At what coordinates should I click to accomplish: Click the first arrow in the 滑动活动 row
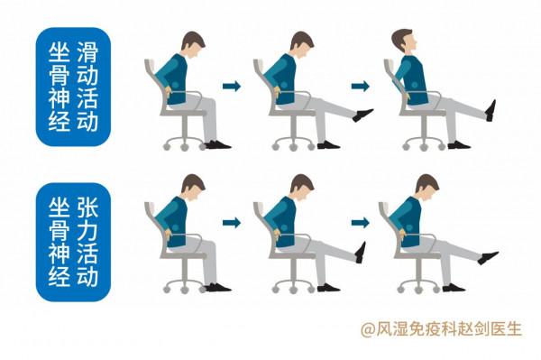pos(233,87)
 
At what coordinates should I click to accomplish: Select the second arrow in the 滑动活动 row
pos(360,87)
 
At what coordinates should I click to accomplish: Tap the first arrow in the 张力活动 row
pos(233,221)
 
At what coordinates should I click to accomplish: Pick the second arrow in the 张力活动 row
pos(360,221)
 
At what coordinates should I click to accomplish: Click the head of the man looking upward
pos(403,41)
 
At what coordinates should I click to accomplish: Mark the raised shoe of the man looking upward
pos(491,110)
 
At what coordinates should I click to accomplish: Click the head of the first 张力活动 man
pos(189,189)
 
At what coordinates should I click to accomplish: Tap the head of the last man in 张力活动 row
pos(426,187)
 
